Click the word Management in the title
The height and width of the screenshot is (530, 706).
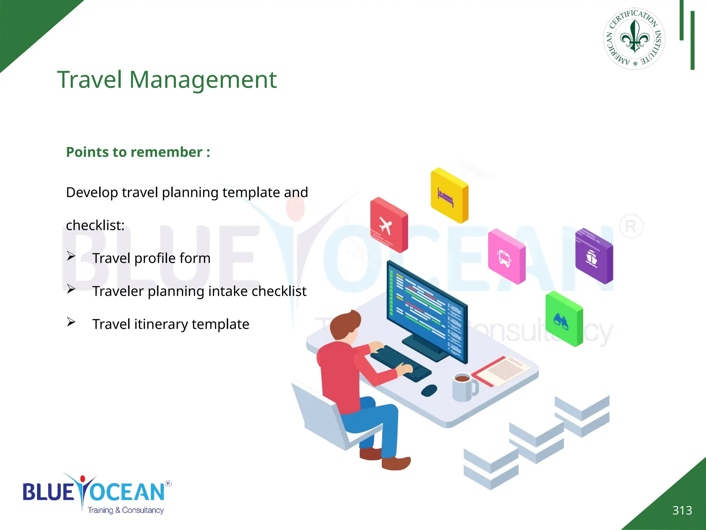click(203, 80)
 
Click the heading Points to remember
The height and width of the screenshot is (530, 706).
click(138, 152)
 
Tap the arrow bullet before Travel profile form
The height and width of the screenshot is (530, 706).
click(71, 256)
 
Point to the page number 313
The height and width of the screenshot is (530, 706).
click(682, 510)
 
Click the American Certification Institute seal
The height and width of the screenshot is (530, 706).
click(634, 39)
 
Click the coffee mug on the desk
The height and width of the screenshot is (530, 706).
click(464, 387)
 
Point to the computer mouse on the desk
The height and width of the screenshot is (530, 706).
click(429, 390)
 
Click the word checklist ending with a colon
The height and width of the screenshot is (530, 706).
click(95, 225)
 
